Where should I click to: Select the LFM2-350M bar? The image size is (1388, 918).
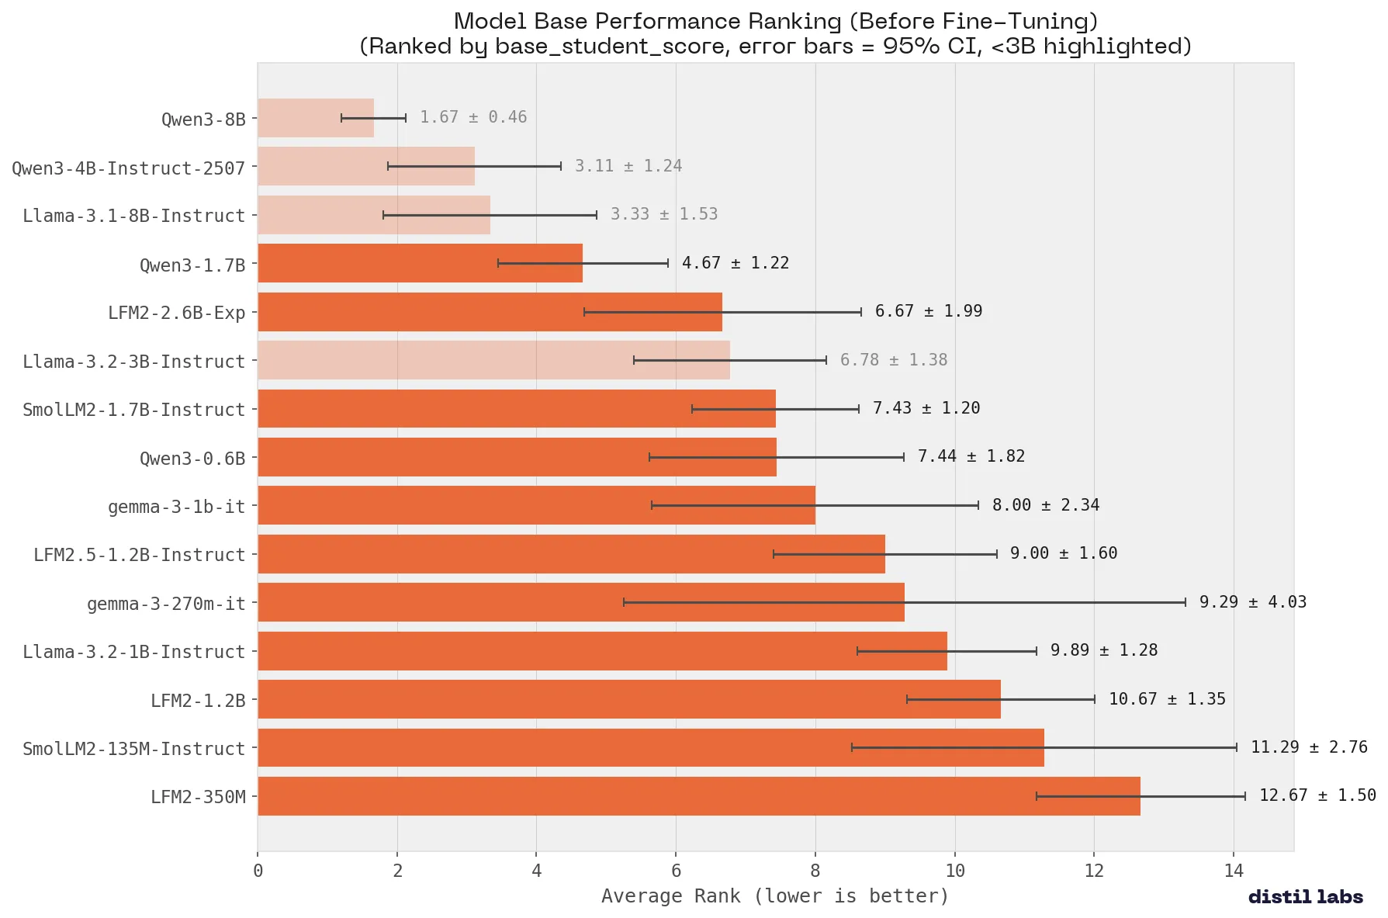[698, 796]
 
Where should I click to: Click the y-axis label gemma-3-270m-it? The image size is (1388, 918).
[166, 604]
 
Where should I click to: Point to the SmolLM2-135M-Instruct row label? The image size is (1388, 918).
[133, 749]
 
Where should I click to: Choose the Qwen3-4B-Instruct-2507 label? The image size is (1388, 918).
[128, 168]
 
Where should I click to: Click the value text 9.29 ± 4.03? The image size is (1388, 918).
[1252, 602]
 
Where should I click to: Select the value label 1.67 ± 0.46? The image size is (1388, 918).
[473, 117]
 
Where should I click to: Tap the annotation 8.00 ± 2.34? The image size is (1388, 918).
[1045, 505]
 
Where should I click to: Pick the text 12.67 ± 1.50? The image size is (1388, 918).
[1317, 795]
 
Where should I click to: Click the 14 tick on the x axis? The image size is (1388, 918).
[1233, 871]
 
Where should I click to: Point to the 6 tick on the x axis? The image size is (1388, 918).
[676, 871]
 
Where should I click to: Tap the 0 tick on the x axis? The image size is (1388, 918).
[258, 871]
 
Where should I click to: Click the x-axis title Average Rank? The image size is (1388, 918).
[774, 896]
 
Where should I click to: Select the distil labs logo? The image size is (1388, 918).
[1305, 897]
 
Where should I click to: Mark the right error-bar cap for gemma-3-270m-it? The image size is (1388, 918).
[1185, 602]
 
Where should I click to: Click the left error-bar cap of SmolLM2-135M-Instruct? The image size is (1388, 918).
[852, 747]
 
